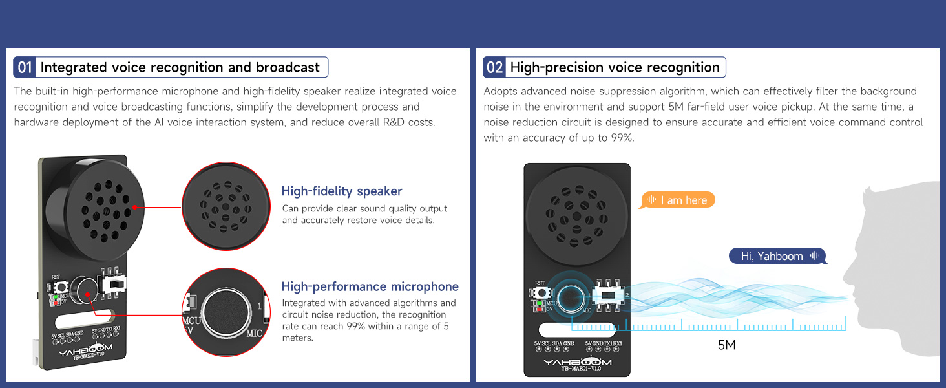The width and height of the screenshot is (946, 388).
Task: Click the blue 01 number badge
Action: coord(25,67)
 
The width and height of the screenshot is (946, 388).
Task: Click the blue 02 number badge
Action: coord(494,67)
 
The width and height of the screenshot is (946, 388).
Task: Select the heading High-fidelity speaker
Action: coord(342,191)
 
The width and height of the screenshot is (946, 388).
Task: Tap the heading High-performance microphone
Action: coord(370,286)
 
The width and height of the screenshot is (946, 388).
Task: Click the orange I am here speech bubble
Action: coord(677,200)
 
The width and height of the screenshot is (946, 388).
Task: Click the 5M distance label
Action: coord(727,345)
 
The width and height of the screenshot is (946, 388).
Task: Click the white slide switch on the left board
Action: coord(114,285)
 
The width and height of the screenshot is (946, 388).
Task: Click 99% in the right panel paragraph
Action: coord(622,138)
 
